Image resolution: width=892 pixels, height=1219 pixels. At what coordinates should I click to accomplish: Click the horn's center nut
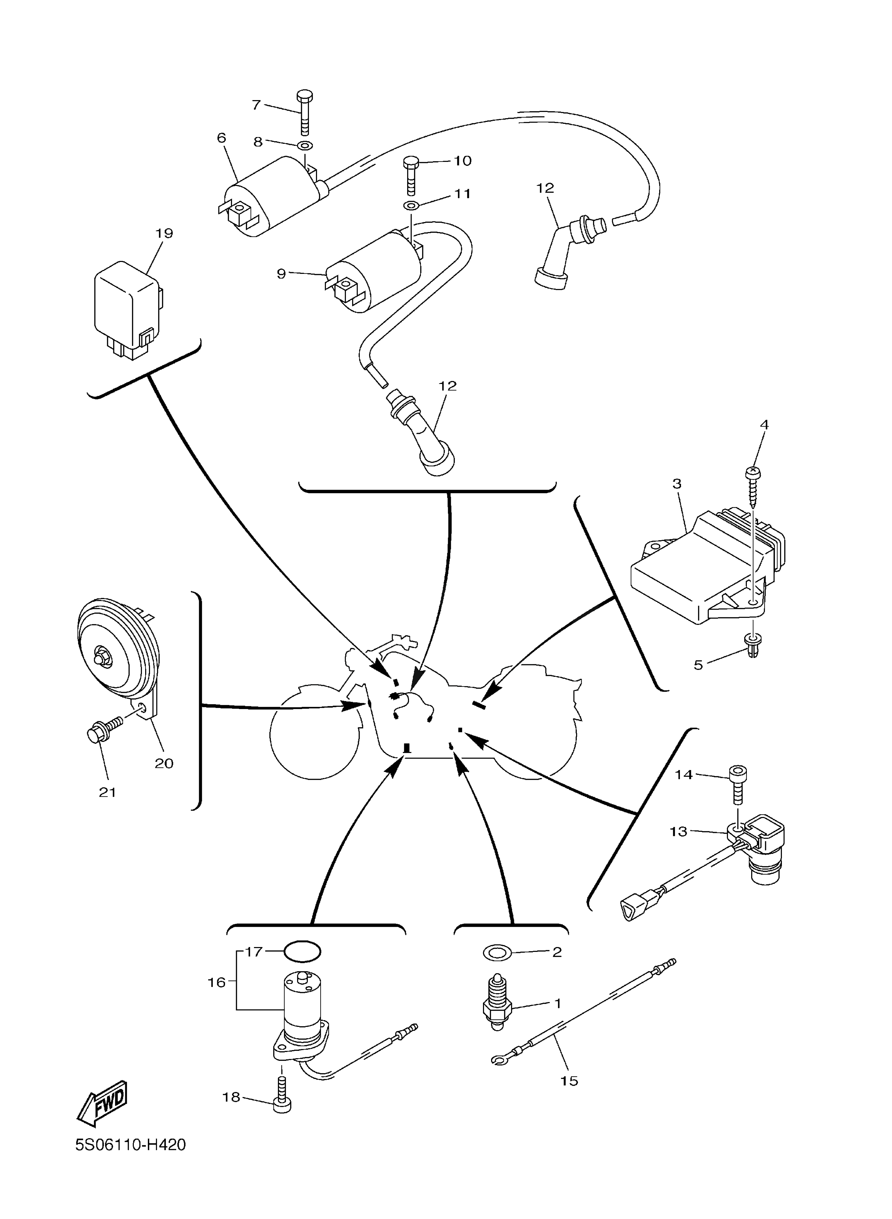(x=100, y=659)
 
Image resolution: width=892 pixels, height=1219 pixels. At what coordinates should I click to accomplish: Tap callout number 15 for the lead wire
(x=569, y=1080)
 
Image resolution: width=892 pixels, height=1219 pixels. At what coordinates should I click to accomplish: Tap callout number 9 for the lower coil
(x=281, y=274)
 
